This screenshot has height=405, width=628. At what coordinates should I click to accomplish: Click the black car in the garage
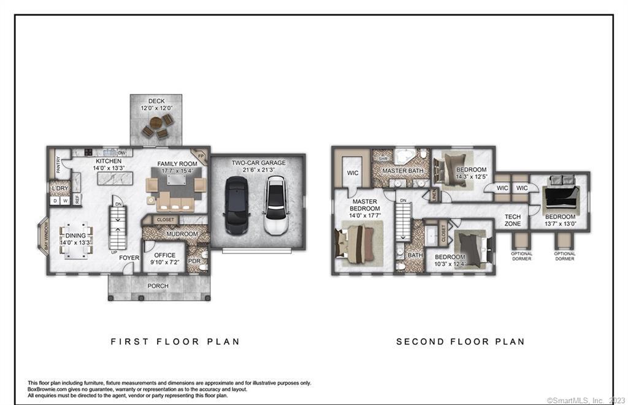(x=236, y=205)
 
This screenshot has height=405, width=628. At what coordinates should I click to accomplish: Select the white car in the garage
(x=275, y=205)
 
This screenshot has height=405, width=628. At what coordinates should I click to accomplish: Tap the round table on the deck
(x=156, y=123)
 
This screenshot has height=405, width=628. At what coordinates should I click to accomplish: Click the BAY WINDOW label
(x=45, y=237)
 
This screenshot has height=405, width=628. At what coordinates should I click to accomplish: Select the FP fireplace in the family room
(x=199, y=156)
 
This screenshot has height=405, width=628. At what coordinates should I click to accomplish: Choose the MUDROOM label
(x=182, y=234)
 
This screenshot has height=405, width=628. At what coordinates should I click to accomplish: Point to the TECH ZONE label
(x=513, y=220)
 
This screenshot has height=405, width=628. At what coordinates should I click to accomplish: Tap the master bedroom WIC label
(x=353, y=173)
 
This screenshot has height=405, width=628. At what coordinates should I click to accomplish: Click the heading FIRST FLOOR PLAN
(x=175, y=341)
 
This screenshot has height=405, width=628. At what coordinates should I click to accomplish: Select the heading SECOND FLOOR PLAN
(x=460, y=341)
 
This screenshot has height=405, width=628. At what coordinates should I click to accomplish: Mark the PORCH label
(x=158, y=286)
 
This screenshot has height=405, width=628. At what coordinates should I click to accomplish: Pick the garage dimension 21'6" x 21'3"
(x=258, y=170)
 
